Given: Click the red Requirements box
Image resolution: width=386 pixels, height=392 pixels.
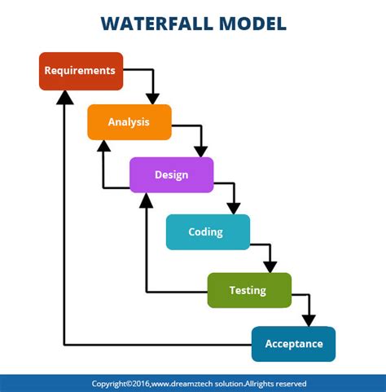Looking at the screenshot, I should tap(81, 71).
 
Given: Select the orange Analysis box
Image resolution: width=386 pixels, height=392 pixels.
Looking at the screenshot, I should tap(129, 122).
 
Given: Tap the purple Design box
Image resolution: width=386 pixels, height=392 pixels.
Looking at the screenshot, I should tap(171, 174).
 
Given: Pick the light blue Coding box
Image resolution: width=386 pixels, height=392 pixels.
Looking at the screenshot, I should tap(207, 232).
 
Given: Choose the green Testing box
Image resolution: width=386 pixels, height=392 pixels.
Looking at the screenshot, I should tap(248, 290).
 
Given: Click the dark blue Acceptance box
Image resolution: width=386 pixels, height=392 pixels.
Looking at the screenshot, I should tap(293, 343).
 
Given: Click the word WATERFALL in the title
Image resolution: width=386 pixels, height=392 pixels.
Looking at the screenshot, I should tap(155, 23).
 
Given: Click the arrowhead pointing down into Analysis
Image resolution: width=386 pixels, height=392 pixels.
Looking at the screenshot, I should tap(151, 98).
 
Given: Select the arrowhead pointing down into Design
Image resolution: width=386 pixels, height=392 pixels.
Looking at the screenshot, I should tap(200, 151).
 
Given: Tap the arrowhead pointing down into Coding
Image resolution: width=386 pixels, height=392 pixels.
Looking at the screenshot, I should tap(234, 208).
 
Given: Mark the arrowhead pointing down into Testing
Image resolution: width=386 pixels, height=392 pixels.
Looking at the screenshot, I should tap(270, 266).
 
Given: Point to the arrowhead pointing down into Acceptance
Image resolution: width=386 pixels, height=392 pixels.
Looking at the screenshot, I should tap(308, 319).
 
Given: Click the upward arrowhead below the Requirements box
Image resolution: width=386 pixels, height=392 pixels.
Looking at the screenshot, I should tap(64, 97).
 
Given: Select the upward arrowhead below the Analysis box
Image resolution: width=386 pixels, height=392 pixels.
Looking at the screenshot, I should tap(103, 147).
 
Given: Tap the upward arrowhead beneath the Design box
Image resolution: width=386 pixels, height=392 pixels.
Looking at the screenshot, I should tap(146, 200).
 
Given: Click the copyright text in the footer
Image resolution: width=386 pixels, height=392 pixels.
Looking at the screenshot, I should tap(199, 383).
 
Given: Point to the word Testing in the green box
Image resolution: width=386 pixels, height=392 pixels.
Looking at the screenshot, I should tap(248, 290).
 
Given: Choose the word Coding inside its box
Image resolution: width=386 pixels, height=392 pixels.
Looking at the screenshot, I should tap(205, 232).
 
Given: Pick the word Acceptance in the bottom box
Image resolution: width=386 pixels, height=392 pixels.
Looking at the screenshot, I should tap(294, 343).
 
